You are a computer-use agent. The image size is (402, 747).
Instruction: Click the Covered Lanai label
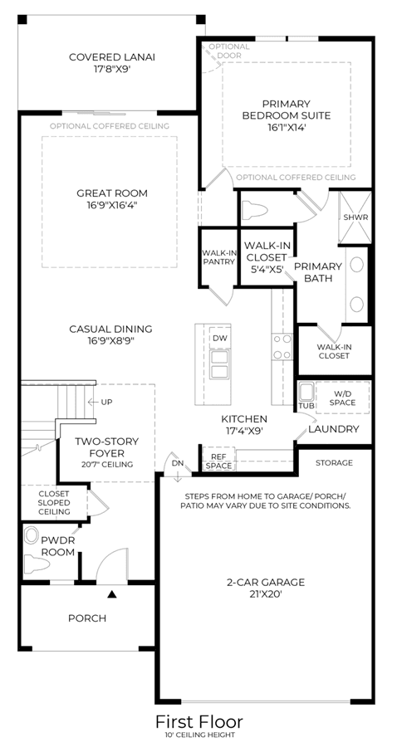tap(112, 57)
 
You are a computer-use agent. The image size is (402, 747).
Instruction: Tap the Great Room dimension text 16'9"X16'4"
tap(111, 205)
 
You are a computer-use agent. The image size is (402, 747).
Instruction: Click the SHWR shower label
tap(355, 217)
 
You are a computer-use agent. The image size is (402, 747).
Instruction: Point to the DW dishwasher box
tap(219, 339)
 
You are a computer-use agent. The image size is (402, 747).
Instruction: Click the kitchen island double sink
tap(220, 364)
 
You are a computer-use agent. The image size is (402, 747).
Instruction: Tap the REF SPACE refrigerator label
tap(219, 461)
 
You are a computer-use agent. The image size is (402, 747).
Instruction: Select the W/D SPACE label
tap(342, 398)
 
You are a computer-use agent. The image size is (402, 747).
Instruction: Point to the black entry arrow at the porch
tap(112, 594)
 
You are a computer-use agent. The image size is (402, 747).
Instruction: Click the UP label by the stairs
tap(107, 402)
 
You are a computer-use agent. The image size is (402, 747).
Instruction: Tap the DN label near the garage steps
tap(178, 463)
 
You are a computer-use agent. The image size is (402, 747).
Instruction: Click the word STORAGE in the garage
tap(334, 462)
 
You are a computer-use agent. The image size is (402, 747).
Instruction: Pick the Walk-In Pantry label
tap(218, 257)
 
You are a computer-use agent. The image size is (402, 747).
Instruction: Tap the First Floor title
tap(199, 722)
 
